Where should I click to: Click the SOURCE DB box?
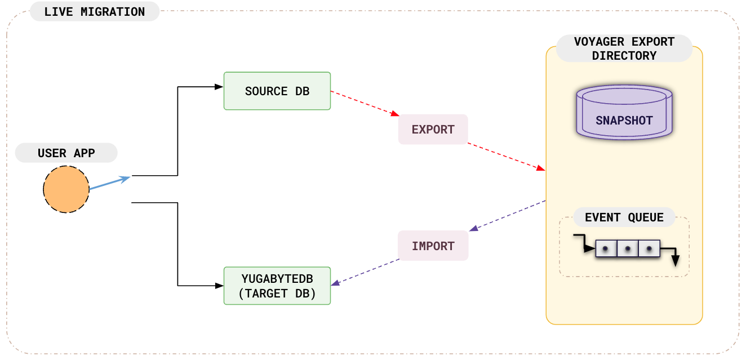pyautogui.click(x=277, y=91)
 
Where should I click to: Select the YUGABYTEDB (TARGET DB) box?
pyautogui.click(x=277, y=286)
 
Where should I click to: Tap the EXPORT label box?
pyautogui.click(x=433, y=129)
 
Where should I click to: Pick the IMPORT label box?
pyautogui.click(x=433, y=246)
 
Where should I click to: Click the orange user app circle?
pyautogui.click(x=66, y=189)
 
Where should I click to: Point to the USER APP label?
pyautogui.click(x=66, y=153)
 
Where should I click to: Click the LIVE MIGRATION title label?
pyautogui.click(x=94, y=11)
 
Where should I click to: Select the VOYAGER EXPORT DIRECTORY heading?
pyautogui.click(x=624, y=48)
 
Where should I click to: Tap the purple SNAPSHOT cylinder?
pyautogui.click(x=624, y=113)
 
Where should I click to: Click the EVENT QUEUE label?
pyautogui.click(x=624, y=217)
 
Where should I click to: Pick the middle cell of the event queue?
pyautogui.click(x=628, y=248)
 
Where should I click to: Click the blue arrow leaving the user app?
pyautogui.click(x=110, y=183)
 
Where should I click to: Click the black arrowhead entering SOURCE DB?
pyautogui.click(x=220, y=87)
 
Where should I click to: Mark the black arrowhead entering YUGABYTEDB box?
pyautogui.click(x=220, y=285)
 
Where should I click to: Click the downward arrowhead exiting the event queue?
pyautogui.click(x=676, y=261)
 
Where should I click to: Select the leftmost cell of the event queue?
pyautogui.click(x=606, y=248)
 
